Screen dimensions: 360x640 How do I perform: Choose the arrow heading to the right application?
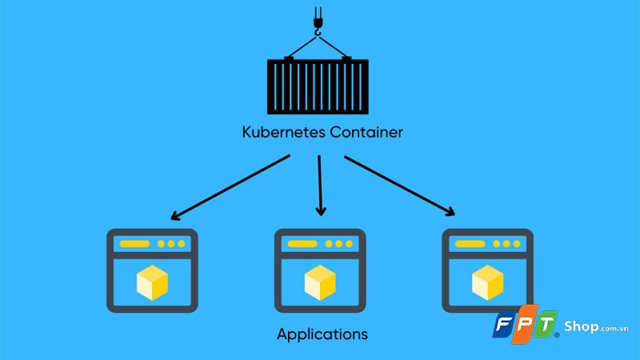(x=400, y=186)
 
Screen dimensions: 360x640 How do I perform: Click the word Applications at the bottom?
(x=322, y=333)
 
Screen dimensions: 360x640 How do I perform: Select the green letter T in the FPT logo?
(x=549, y=326)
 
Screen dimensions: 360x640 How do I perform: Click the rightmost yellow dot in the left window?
(x=181, y=243)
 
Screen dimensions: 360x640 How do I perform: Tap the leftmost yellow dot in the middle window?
(x=328, y=243)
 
